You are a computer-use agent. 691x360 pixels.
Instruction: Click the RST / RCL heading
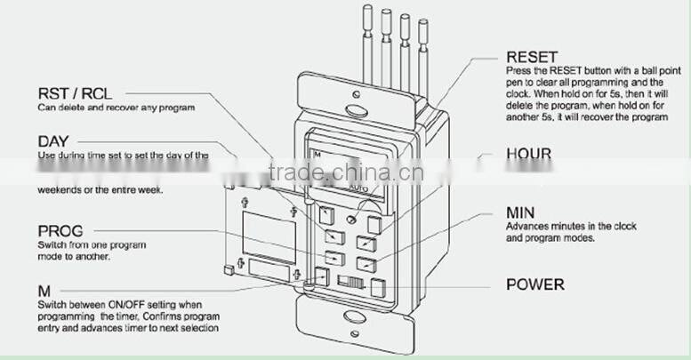[75, 93]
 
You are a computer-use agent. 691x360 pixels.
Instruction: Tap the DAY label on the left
[52, 140]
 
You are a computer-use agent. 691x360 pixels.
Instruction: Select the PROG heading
[61, 229]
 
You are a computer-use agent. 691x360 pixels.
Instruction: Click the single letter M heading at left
[44, 291]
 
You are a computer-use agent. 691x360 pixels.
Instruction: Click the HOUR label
[528, 154]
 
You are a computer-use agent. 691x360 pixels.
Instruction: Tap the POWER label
[534, 284]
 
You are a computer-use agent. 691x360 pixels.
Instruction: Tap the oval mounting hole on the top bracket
[356, 113]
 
